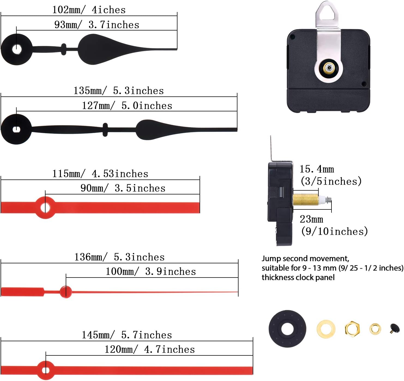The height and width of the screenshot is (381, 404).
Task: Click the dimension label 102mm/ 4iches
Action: click(x=89, y=10)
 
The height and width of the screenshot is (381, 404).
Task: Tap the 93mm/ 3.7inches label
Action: click(x=97, y=25)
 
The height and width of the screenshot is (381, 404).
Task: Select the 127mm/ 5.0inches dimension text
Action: click(x=127, y=106)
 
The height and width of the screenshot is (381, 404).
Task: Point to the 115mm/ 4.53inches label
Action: click(x=100, y=174)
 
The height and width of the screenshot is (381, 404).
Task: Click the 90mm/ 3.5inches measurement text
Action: click(x=123, y=188)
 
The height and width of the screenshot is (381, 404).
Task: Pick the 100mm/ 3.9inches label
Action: click(x=150, y=272)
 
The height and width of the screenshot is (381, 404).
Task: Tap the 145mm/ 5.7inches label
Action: click(x=127, y=335)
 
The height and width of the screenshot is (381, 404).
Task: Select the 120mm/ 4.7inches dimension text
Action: click(x=150, y=349)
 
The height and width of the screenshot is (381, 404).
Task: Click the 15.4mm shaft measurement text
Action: click(x=317, y=169)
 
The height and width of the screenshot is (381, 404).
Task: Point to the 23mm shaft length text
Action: click(x=311, y=219)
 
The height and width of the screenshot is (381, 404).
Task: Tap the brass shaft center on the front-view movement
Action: click(x=329, y=68)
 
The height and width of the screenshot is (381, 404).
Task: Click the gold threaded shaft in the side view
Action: click(x=306, y=200)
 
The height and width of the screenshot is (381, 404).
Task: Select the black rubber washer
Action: click(x=287, y=329)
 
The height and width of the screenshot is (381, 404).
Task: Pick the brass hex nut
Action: click(x=352, y=328)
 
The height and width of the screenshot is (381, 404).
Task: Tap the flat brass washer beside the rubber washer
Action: click(x=326, y=328)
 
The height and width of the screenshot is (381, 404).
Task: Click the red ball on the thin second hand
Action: click(x=66, y=292)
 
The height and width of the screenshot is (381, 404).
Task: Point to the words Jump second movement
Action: click(x=305, y=258)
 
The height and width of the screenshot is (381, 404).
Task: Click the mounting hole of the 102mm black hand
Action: click(x=17, y=50)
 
